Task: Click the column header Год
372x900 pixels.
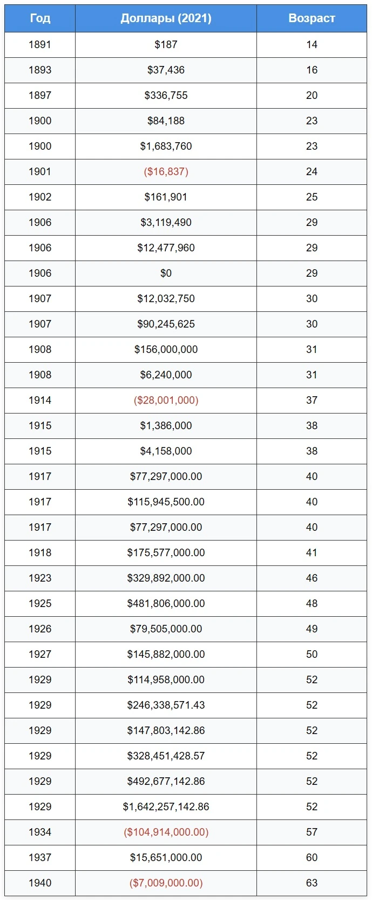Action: pyautogui.click(x=40, y=18)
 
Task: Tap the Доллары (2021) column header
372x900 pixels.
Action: pyautogui.click(x=166, y=18)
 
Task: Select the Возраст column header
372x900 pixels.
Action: pyautogui.click(x=312, y=18)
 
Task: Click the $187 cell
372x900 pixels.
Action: pyautogui.click(x=166, y=45)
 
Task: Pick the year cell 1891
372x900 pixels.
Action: pyautogui.click(x=40, y=45)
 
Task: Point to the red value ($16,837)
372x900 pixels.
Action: pyautogui.click(x=166, y=171)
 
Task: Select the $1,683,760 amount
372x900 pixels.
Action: pyautogui.click(x=166, y=146)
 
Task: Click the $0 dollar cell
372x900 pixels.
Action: pyautogui.click(x=166, y=273)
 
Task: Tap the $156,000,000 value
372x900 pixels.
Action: pyautogui.click(x=166, y=350)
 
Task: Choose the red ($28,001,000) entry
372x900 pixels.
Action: pyautogui.click(x=166, y=400)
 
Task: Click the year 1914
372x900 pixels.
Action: pyautogui.click(x=40, y=400)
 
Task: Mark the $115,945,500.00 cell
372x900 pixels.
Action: pyautogui.click(x=166, y=502)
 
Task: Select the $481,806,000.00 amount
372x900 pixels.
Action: pyautogui.click(x=166, y=603)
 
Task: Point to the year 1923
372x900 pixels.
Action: pyautogui.click(x=40, y=578)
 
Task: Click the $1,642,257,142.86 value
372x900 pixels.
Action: pyautogui.click(x=166, y=807)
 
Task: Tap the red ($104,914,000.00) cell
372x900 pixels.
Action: pyautogui.click(x=166, y=832)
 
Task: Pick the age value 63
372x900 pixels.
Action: pyautogui.click(x=312, y=883)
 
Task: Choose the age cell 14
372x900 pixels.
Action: pyautogui.click(x=312, y=45)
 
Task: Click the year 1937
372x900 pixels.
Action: pyautogui.click(x=40, y=857)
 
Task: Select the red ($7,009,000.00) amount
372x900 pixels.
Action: pyautogui.click(x=166, y=883)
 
